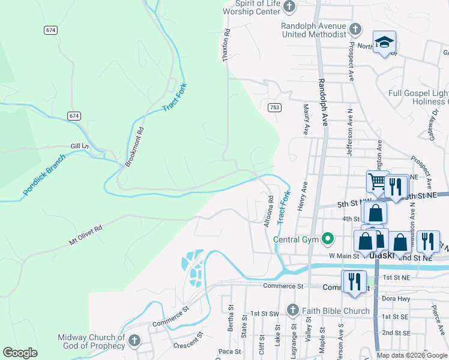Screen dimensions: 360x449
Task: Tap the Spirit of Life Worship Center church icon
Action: click(289, 7)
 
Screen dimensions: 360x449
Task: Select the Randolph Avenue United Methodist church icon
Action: click(355, 28)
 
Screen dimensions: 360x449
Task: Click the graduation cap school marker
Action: click(384, 42)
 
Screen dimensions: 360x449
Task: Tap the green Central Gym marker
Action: click(327, 239)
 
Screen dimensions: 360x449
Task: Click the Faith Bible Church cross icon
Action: click(292, 310)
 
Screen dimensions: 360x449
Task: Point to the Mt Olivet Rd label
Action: click(86, 235)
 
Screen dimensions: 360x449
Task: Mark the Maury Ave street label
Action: click(306, 119)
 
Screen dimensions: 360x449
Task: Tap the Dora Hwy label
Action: click(396, 298)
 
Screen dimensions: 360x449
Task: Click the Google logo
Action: click(20, 353)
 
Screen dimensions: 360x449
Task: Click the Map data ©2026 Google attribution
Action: click(412, 355)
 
